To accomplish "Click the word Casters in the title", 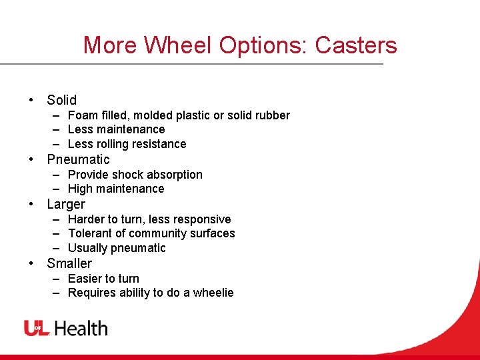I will [356, 45].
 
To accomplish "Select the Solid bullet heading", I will [62, 100].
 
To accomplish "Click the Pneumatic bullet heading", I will [78, 159].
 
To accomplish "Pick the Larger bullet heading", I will [66, 204].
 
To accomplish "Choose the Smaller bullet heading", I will [69, 263].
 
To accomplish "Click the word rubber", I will [272, 115].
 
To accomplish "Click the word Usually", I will [88, 248].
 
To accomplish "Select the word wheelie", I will [213, 293].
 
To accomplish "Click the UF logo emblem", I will [37, 328].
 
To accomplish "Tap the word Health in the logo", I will [81, 328].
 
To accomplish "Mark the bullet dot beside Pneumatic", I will [31, 159].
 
